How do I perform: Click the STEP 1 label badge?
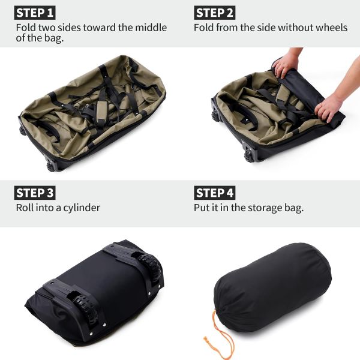point(35,13)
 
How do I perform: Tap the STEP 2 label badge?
point(215,13)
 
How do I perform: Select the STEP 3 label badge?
point(35,193)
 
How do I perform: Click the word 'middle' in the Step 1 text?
point(150,28)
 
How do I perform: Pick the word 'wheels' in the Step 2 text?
point(331,28)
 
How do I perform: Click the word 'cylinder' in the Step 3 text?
point(80,208)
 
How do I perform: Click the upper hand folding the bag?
point(287,62)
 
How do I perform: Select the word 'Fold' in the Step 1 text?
point(26,28)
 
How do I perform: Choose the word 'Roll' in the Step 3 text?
point(26,208)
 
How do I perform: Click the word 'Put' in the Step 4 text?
point(203,208)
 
